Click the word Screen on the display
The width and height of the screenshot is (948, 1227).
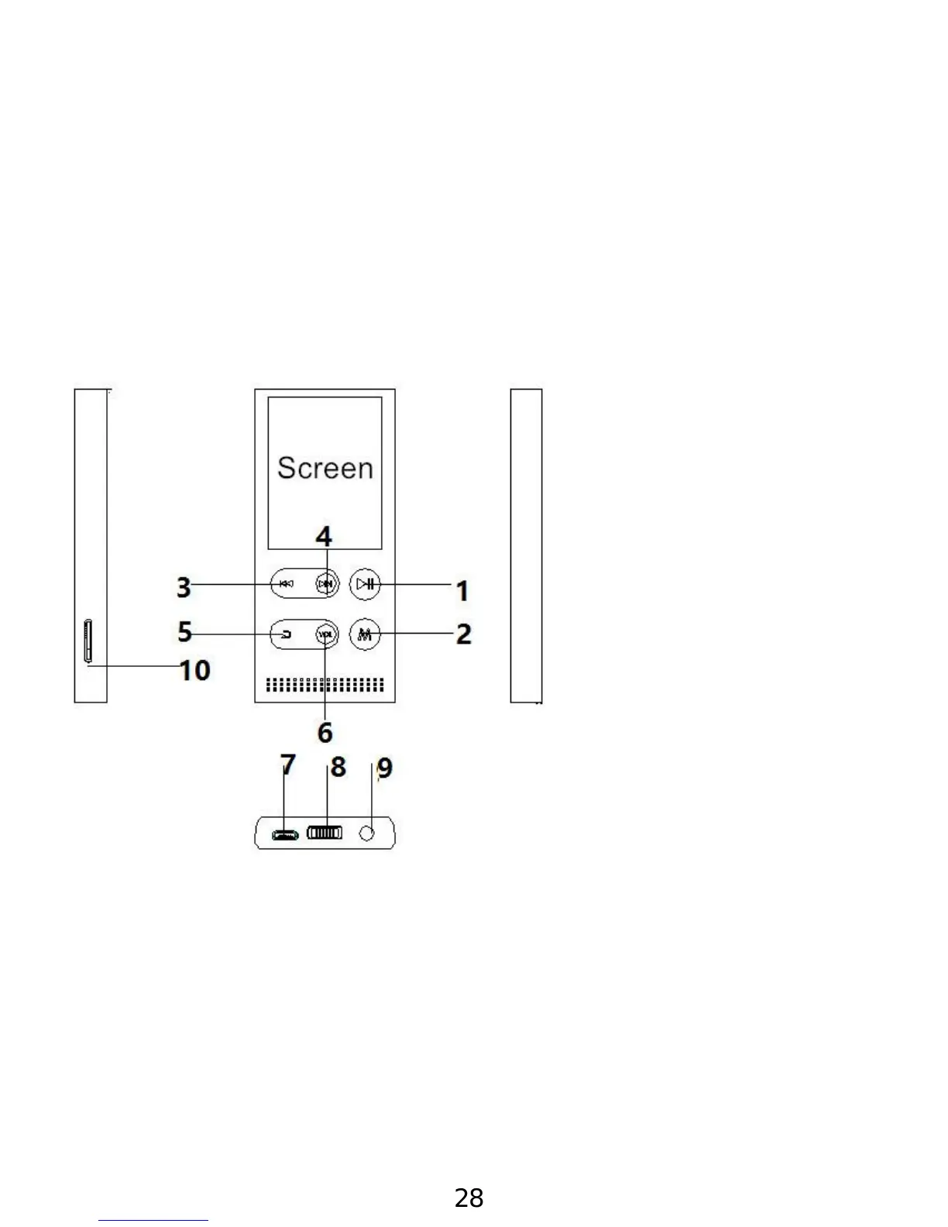325,468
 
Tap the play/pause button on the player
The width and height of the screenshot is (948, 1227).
365,584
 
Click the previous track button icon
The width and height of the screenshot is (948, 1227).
286,584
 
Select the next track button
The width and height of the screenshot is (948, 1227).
326,584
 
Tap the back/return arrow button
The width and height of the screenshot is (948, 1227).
286,634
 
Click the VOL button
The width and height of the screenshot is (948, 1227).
327,634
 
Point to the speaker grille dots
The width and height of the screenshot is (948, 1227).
325,685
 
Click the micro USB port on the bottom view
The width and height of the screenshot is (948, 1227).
285,835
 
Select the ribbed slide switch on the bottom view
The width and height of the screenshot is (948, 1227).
325,833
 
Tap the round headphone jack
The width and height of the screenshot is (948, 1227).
369,833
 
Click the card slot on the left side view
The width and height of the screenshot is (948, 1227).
88,641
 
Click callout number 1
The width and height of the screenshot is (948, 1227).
462,591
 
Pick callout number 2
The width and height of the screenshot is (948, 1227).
463,634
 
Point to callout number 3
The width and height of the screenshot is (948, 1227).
184,587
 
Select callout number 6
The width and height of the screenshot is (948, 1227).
325,732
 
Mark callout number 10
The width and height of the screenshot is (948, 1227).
195,670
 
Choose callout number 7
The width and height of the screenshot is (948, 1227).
288,765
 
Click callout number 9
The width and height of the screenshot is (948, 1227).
384,768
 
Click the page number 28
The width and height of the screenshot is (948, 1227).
469,1198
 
